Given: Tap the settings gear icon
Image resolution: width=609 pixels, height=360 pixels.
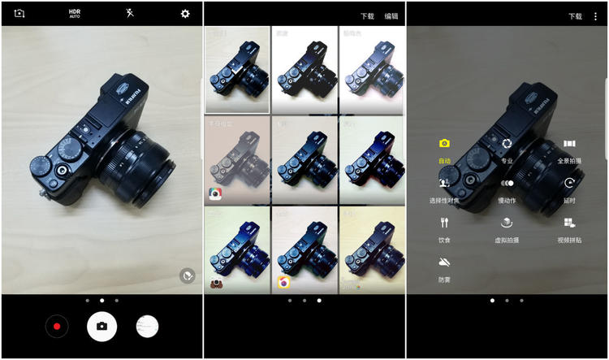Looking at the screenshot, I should click(185, 14).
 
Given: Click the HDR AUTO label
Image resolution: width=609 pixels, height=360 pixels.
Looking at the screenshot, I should click(75, 14).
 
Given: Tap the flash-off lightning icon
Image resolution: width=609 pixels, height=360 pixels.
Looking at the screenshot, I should click(130, 14).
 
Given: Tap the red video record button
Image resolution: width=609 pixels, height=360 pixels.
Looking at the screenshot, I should click(57, 327).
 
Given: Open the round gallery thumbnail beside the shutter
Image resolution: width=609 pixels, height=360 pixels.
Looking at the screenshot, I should click(147, 327).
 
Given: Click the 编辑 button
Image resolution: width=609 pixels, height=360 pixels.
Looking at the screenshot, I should click(391, 15).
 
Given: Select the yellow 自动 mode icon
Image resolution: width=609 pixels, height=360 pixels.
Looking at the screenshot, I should click(444, 144).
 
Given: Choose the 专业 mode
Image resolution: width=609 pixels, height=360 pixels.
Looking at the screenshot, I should click(507, 144).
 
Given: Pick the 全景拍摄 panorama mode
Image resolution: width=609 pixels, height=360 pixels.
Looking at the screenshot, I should click(569, 144).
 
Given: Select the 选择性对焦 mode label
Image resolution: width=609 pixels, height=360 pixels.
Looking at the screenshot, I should click(444, 200).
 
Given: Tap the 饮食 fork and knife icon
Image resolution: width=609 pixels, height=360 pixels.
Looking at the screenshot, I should click(444, 223).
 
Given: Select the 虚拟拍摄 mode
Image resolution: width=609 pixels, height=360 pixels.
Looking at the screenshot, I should click(507, 223).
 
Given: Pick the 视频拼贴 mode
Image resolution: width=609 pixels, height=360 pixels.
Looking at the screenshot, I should click(569, 223).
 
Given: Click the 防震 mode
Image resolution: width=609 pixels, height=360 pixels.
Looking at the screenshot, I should click(444, 262).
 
